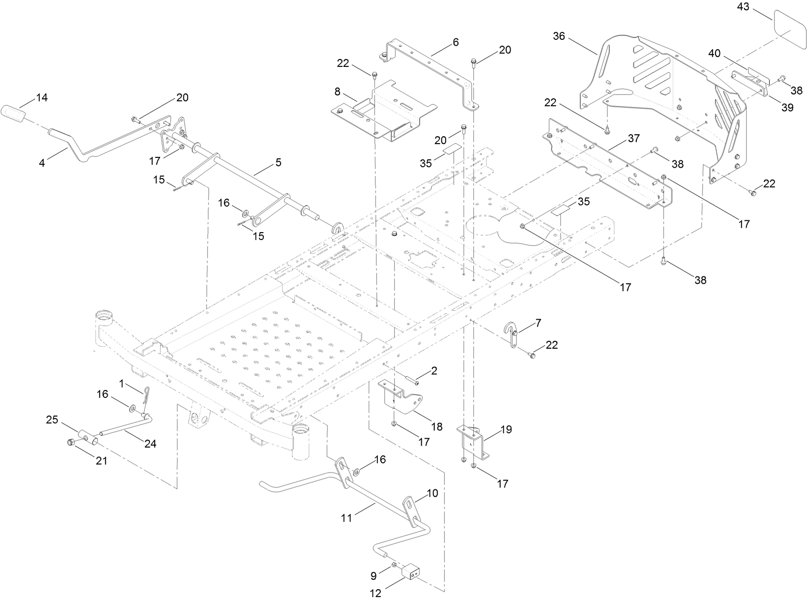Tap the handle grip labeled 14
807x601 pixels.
point(16,115)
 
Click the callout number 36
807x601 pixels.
point(559,36)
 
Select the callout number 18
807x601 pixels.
point(436,426)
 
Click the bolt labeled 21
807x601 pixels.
point(70,442)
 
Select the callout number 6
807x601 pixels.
point(456,43)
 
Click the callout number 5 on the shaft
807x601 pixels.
point(278,163)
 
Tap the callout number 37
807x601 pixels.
point(634,139)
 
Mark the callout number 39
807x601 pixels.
point(787,108)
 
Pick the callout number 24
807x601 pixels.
point(150,444)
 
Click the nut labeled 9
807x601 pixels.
point(394,568)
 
